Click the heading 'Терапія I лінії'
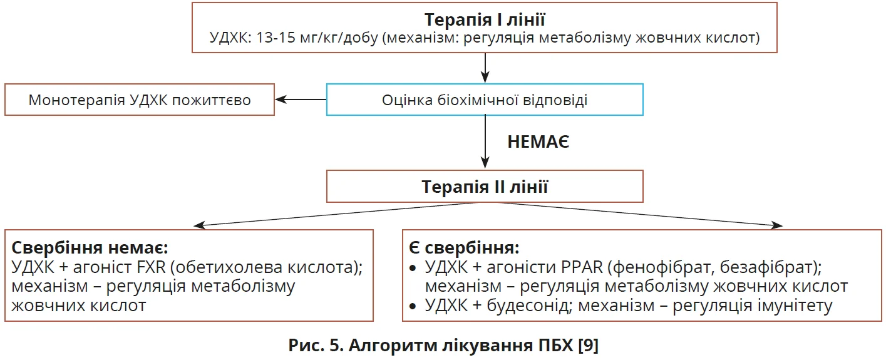(x=485, y=19)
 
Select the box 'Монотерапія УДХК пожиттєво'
(x=140, y=100)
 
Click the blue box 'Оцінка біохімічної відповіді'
(x=485, y=100)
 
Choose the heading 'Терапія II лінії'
(x=485, y=187)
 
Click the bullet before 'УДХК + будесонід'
(x=412, y=306)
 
